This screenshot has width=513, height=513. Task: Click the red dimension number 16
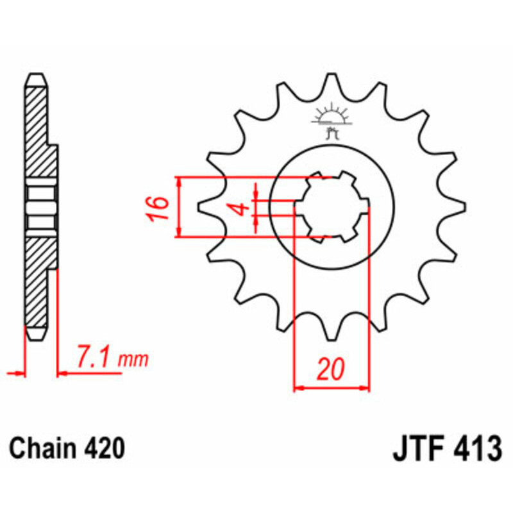click(x=160, y=209)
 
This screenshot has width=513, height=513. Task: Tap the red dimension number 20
click(x=330, y=370)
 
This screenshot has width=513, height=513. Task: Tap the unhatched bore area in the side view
click(x=38, y=206)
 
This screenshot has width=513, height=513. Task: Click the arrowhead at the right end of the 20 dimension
click(x=367, y=388)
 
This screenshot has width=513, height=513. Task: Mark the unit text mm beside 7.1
click(x=137, y=360)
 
